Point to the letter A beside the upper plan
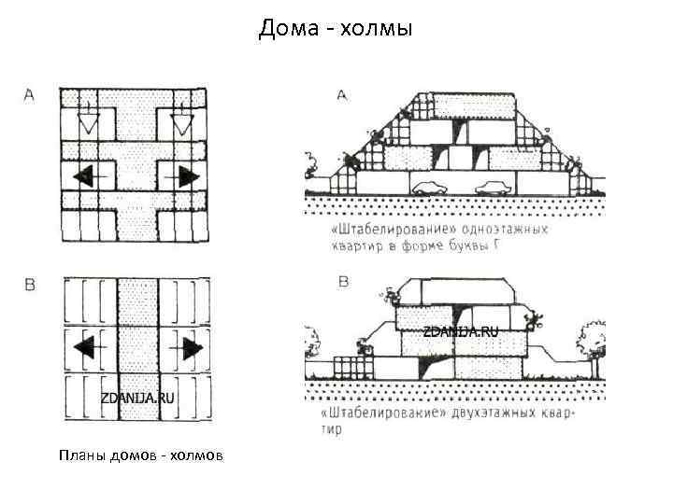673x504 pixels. pos(29,94)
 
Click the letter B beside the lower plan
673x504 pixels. pos(29,285)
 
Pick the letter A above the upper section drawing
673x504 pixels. pos(341,94)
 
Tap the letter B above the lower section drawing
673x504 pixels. pos(343,281)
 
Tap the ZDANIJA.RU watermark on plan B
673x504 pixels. pos(137,398)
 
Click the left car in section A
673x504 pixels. pos(431,187)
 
